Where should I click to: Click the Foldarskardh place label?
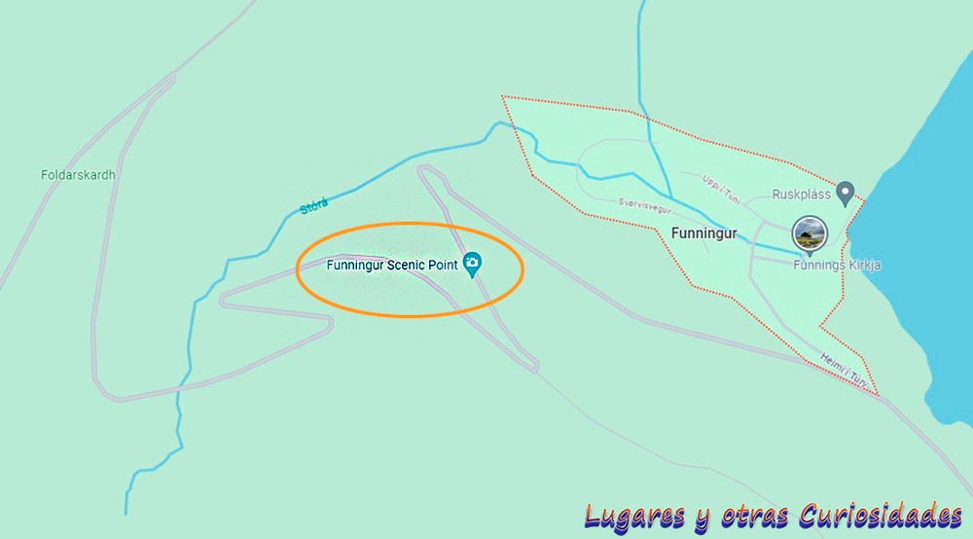coord(78,175)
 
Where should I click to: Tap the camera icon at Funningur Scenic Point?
coord(473,263)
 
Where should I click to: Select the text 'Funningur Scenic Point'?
coord(392,265)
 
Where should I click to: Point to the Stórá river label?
coord(314,205)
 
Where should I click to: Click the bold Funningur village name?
coord(704,234)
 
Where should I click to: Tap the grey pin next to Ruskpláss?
coord(846,192)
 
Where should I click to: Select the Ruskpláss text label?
coord(800,194)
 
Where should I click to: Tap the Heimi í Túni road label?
coord(843,370)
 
